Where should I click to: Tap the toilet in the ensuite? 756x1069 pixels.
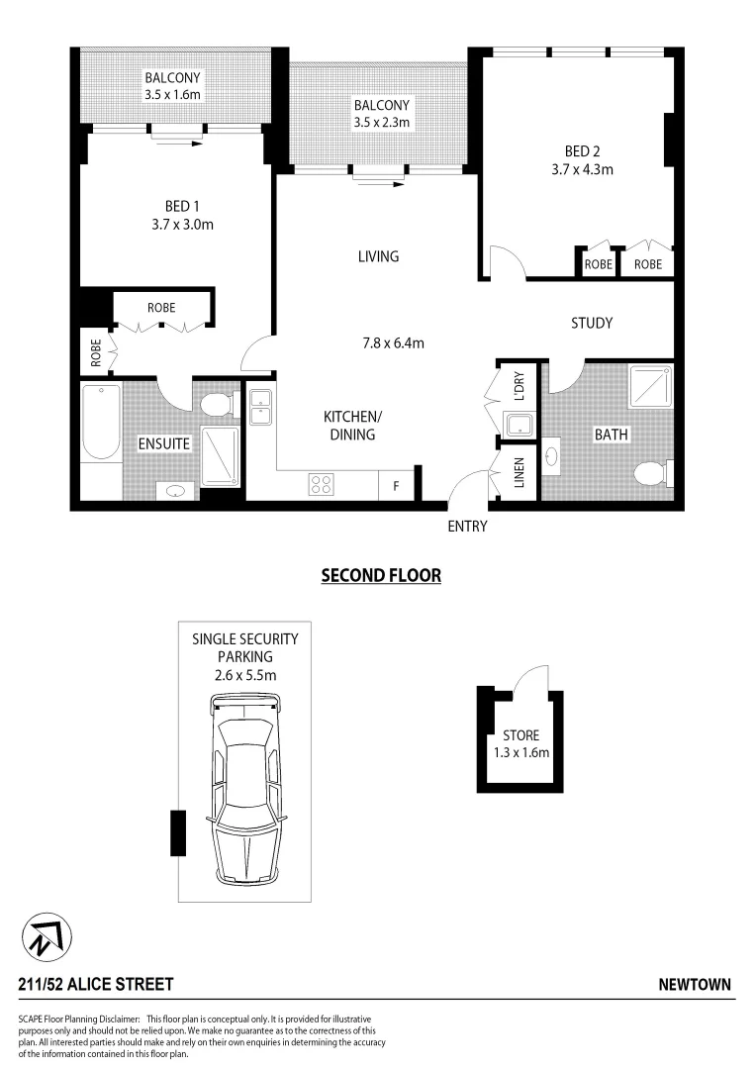point(216,405)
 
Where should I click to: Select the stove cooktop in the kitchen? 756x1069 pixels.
point(322,484)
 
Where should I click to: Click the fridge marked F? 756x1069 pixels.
point(397,486)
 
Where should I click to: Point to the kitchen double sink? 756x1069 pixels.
point(260,407)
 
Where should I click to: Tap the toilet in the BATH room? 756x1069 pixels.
point(651,473)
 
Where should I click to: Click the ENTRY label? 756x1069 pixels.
point(467,527)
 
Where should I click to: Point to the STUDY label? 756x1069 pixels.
point(592,323)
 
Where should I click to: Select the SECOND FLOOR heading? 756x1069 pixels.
point(381,575)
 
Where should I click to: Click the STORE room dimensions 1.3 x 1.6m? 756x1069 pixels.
point(520,752)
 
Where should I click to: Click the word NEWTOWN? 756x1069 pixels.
point(695,984)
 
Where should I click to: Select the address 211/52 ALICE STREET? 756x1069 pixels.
point(96,984)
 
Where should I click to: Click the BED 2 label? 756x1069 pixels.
point(583,151)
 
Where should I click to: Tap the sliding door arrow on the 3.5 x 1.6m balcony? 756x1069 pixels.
point(178,143)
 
